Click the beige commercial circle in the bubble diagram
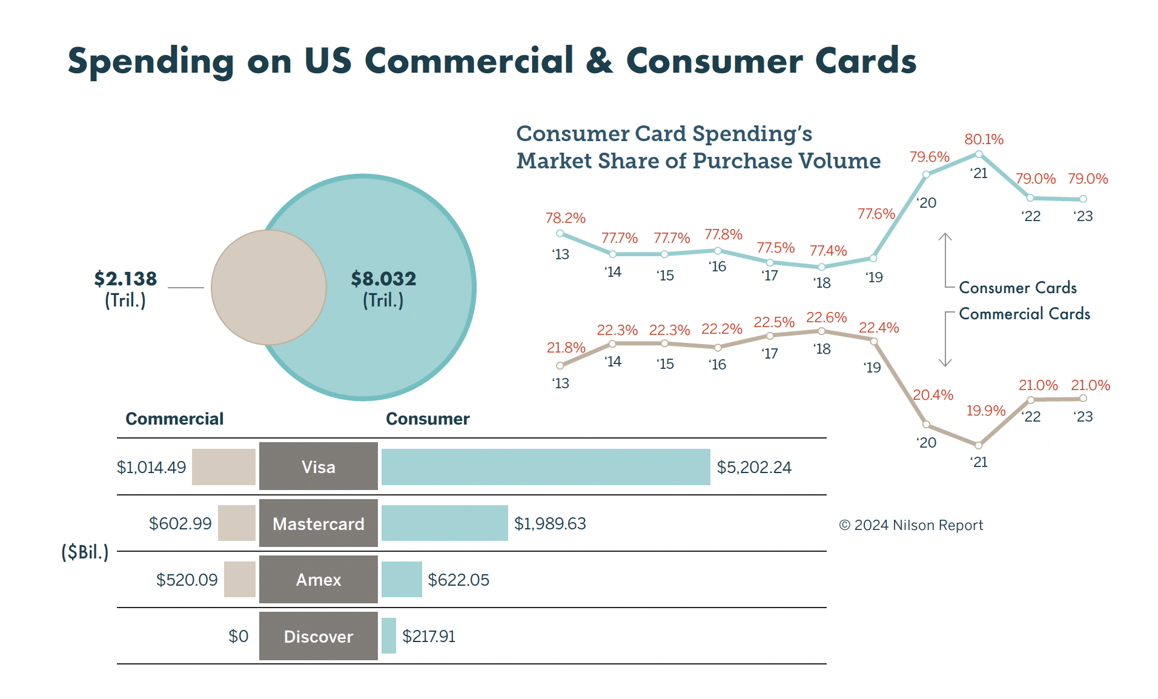coord(269,287)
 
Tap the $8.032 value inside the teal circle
coord(383,279)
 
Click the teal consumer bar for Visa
coord(546,467)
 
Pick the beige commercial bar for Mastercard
coord(237,523)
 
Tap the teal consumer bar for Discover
coord(389,636)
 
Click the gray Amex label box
coord(319,580)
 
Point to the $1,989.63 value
coord(550,523)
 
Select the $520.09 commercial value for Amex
coord(187,580)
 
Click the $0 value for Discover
coord(238,636)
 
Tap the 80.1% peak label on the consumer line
coord(984,139)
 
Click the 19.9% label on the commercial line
coord(985,411)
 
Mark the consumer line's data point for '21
coord(979,154)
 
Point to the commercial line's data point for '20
coord(926,425)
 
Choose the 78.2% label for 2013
coord(565,218)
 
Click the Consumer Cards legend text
coord(1018,288)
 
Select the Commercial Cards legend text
coord(1025,314)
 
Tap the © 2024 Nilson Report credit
coord(911,525)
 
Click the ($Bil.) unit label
coord(85,552)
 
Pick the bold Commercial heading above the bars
coord(174,419)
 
